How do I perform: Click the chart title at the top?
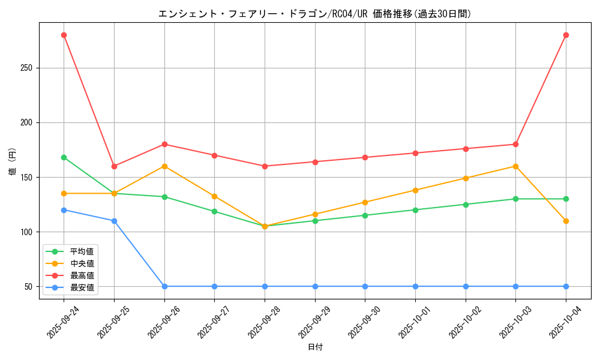click(314, 14)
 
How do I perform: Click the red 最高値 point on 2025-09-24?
click(64, 35)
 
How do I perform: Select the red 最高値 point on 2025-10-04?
click(566, 35)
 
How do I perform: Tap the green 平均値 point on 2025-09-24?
click(64, 157)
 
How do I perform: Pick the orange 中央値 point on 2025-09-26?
click(164, 166)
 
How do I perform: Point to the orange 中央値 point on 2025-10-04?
click(566, 221)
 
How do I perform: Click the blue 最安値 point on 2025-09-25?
click(114, 221)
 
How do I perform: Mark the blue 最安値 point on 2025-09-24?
click(64, 210)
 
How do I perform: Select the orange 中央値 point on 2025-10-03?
click(515, 166)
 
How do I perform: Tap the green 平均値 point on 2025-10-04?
click(566, 199)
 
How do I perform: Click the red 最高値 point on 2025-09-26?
click(164, 144)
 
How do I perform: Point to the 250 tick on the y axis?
click(26, 68)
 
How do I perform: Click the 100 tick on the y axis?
click(26, 232)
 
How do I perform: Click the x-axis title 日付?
click(315, 347)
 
